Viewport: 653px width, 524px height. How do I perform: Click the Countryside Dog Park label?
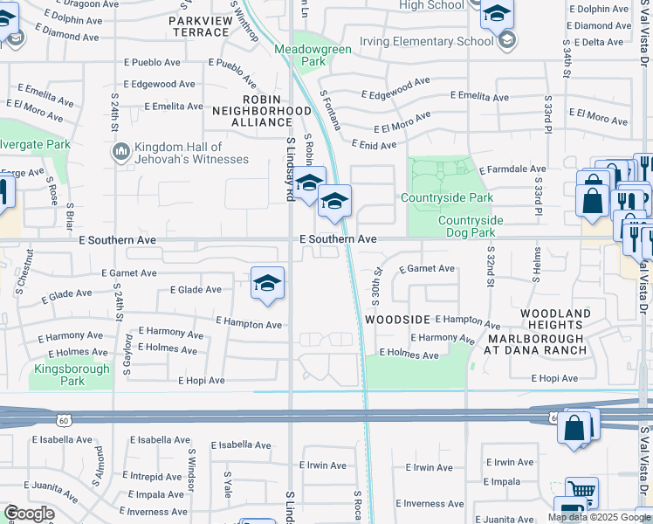coord(467,227)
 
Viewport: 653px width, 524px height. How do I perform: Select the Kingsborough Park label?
coord(72,375)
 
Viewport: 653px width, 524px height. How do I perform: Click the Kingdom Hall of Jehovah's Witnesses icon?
coord(120,152)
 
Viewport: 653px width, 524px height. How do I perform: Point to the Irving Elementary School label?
coord(437,41)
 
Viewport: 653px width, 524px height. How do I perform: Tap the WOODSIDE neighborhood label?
coord(397,320)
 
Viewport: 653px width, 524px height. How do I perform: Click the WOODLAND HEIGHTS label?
coord(555,319)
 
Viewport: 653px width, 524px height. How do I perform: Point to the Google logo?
coord(29,514)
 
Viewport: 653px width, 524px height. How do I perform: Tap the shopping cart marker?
coord(581,491)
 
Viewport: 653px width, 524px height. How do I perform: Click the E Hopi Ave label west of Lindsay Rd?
coord(202,381)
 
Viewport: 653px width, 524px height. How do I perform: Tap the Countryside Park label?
coord(441,198)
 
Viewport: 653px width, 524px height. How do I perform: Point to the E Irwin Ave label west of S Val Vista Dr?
coord(509,462)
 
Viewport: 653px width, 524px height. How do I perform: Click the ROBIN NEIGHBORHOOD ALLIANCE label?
coord(263,117)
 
